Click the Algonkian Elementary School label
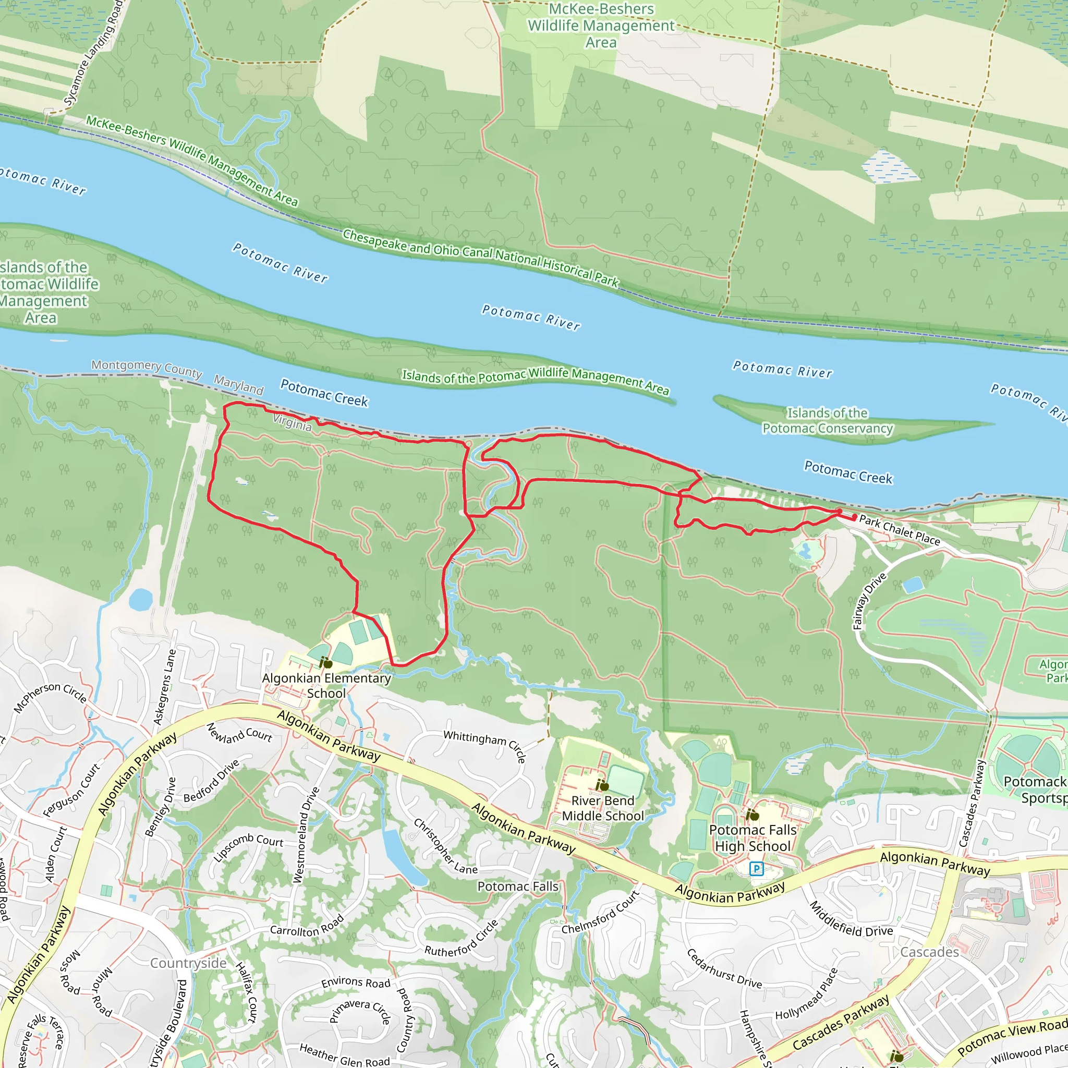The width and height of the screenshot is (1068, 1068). pyautogui.click(x=326, y=685)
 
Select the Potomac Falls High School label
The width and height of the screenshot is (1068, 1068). pyautogui.click(x=753, y=838)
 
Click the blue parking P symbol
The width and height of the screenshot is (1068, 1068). pyautogui.click(x=756, y=869)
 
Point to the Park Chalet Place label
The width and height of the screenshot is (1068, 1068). pyautogui.click(x=900, y=530)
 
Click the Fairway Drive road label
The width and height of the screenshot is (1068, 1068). pyautogui.click(x=869, y=601)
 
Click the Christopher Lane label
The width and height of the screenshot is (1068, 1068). pyautogui.click(x=445, y=846)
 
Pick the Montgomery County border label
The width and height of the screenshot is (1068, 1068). pyautogui.click(x=147, y=368)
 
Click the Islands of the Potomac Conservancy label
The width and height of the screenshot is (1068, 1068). pyautogui.click(x=828, y=421)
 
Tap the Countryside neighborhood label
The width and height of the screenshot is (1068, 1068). pyautogui.click(x=188, y=964)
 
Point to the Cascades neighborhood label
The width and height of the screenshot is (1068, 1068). pyautogui.click(x=929, y=952)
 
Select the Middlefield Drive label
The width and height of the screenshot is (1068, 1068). pyautogui.click(x=851, y=919)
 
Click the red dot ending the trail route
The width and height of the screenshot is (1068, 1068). pyautogui.click(x=855, y=517)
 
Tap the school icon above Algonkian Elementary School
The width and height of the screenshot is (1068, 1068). pyautogui.click(x=325, y=662)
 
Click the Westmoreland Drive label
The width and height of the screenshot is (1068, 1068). pyautogui.click(x=306, y=834)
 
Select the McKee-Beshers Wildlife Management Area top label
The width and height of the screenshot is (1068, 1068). pyautogui.click(x=601, y=26)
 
